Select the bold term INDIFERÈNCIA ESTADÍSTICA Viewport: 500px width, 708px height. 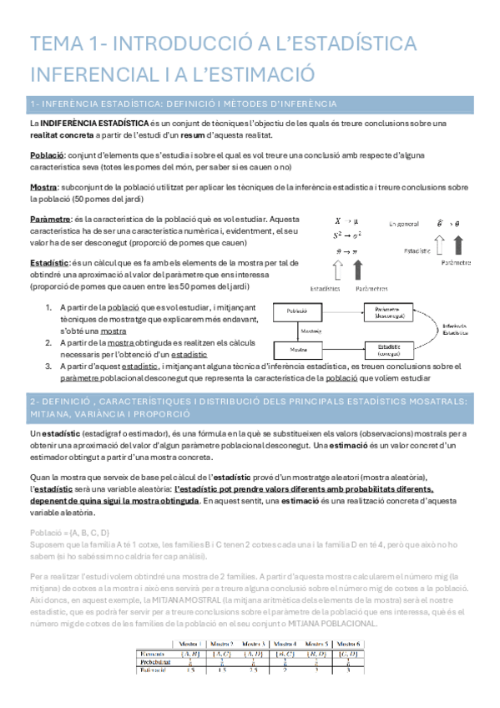(x=93, y=124)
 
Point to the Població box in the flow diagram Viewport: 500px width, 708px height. (x=297, y=310)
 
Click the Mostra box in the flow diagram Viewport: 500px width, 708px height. (x=297, y=348)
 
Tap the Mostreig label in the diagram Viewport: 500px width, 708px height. (x=312, y=330)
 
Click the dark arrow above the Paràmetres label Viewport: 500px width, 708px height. (x=359, y=270)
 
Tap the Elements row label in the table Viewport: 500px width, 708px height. (x=155, y=651)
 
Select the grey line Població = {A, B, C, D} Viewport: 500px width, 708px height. (x=69, y=533)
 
